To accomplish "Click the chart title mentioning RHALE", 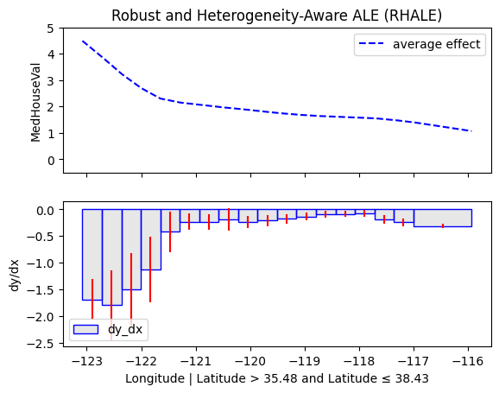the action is pyautogui.click(x=276, y=16).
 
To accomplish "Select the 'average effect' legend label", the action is pyautogui.click(x=436, y=44).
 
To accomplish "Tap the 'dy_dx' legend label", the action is pyautogui.click(x=125, y=329).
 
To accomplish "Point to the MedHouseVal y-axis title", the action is pyautogui.click(x=36, y=103).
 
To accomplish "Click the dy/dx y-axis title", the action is pyautogui.click(x=15, y=276).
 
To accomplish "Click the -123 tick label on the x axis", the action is pyautogui.click(x=87, y=361).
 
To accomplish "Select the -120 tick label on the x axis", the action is pyautogui.click(x=250, y=361).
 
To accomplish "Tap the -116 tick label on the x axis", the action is pyautogui.click(x=468, y=361).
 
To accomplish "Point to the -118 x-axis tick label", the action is pyautogui.click(x=359, y=361).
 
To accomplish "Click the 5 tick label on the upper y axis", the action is pyautogui.click(x=51, y=29).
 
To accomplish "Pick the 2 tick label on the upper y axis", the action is pyautogui.click(x=51, y=107).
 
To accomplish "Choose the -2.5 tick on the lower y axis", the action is pyautogui.click(x=41, y=344).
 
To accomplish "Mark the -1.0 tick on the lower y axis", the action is pyautogui.click(x=41, y=263).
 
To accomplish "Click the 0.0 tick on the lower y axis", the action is pyautogui.click(x=45, y=210).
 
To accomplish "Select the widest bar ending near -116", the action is pyautogui.click(x=443, y=219).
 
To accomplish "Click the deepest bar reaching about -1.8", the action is pyautogui.click(x=112, y=257).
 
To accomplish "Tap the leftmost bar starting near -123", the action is pyautogui.click(x=92, y=255).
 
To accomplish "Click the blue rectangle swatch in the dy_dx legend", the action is pyautogui.click(x=85, y=330).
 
